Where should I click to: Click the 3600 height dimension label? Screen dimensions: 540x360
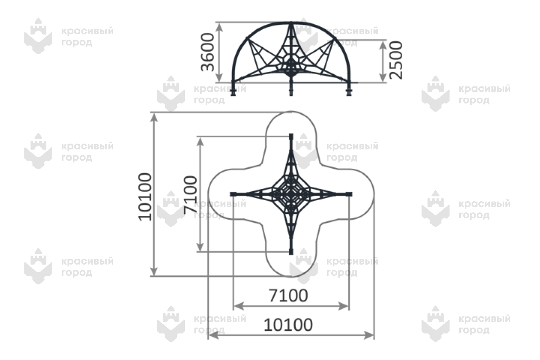[207, 52]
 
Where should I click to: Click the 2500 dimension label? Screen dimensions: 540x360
[396, 60]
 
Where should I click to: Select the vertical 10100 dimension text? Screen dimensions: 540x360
[145, 197]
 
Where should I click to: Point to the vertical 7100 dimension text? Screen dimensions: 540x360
[190, 195]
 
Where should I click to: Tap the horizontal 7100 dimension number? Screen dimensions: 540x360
[288, 296]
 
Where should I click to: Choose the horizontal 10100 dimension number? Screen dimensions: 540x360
[288, 325]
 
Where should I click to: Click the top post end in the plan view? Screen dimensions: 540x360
[291, 136]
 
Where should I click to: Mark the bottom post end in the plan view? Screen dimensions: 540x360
[291, 252]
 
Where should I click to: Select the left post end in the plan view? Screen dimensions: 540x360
[233, 194]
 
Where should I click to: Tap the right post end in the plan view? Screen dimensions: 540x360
[349, 194]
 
